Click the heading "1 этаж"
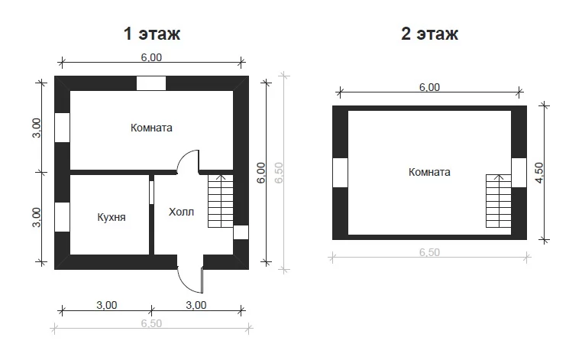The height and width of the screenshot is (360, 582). [152, 34]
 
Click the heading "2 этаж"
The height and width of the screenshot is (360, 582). [429, 34]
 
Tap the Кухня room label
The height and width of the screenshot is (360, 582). [112, 217]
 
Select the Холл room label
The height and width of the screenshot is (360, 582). [181, 212]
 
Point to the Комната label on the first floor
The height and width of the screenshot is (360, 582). [151, 128]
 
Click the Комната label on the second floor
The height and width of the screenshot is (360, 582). [429, 172]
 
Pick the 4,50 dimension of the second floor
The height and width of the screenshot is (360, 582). [539, 173]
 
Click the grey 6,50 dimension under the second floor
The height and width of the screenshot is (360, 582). [429, 252]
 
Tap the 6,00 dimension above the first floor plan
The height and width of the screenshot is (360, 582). [151, 57]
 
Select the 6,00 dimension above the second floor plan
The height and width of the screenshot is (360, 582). [429, 87]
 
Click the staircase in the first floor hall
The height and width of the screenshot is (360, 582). [221, 201]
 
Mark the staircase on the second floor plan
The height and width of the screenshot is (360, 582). [499, 201]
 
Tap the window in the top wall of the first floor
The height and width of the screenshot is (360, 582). [151, 83]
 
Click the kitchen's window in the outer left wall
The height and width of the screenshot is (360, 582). [62, 217]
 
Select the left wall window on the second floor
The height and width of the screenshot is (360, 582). [340, 173]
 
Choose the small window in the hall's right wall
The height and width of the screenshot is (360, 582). [241, 232]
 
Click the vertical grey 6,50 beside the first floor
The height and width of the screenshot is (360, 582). [279, 173]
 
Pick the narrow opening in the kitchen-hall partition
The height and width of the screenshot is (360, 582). [151, 193]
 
